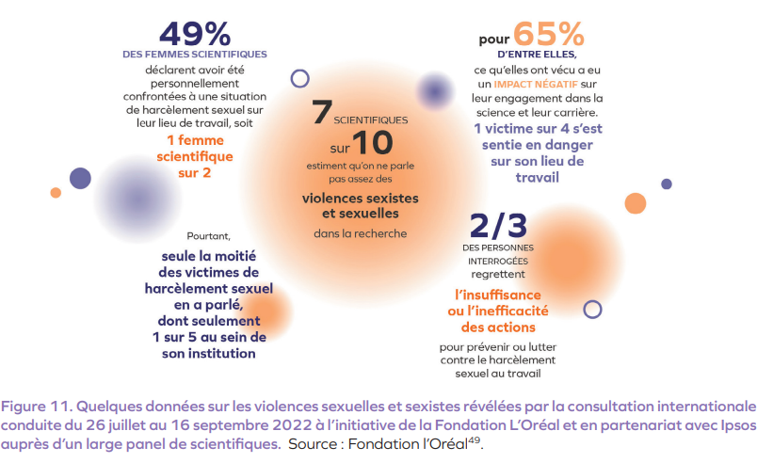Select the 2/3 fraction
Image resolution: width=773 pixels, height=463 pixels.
pos(497,226)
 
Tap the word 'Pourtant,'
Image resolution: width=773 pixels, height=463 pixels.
pos(208,236)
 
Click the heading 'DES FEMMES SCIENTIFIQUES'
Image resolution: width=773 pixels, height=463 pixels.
pos(195,55)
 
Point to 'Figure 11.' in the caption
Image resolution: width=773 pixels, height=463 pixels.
pos(38,407)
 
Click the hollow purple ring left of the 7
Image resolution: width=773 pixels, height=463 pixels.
pos(300,79)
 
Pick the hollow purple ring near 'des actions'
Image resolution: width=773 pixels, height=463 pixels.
pos(592,309)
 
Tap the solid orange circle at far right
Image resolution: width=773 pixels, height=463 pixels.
pos(636,203)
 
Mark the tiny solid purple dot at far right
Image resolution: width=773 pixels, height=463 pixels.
pos(667,184)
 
